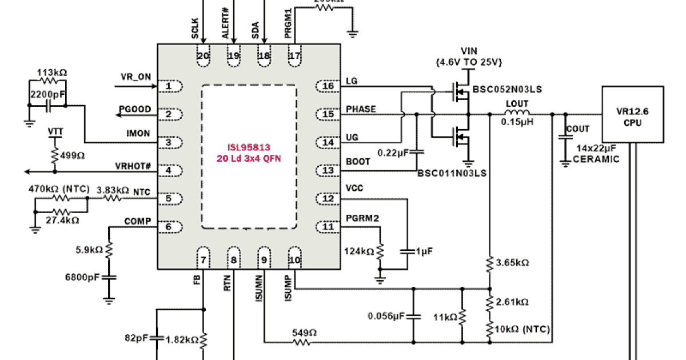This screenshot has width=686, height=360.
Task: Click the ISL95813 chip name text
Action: pos(249,147)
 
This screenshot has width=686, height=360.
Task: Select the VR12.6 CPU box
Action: pos(632,114)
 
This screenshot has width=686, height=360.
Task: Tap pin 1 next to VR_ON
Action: pos(169,87)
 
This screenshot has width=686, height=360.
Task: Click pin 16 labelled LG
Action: pos(328,86)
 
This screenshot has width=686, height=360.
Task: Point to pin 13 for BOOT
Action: pos(328,170)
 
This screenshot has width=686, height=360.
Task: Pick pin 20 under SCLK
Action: pos(203,56)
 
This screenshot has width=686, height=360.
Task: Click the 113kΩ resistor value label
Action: pos(51,73)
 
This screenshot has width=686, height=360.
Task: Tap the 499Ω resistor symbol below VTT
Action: pos(55,156)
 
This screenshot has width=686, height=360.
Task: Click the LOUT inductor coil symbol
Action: pos(516,114)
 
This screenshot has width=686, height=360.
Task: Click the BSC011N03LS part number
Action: pos(452,174)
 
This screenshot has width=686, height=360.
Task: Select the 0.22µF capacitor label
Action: pos(393,153)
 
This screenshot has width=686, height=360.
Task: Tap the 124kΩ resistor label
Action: pos(359,251)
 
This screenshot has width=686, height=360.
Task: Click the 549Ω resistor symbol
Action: pos(302,342)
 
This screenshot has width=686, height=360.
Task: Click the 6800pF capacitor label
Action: pos(83,277)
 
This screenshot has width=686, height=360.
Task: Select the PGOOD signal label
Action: pos(135,109)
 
